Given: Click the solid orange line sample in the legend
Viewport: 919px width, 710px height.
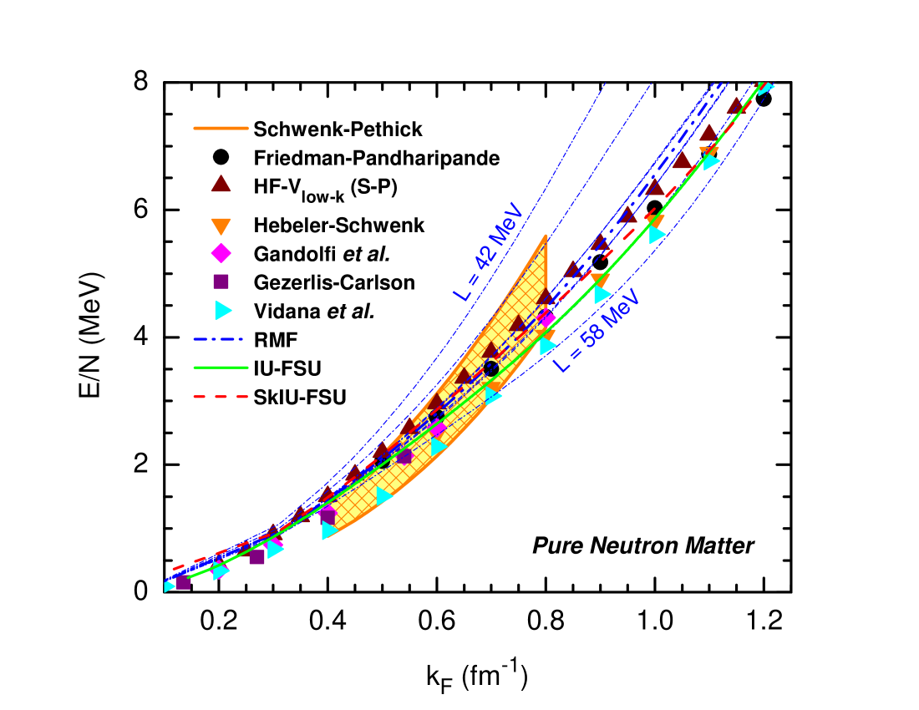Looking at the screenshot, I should pyautogui.click(x=221, y=128).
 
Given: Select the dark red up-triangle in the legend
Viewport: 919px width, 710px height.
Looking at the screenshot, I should pyautogui.click(x=221, y=184).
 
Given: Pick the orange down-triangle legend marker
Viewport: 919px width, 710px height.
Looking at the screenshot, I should pyautogui.click(x=221, y=226).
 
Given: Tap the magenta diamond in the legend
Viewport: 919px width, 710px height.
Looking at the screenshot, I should pyautogui.click(x=221, y=253).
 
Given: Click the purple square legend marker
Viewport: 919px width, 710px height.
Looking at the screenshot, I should pyautogui.click(x=221, y=281).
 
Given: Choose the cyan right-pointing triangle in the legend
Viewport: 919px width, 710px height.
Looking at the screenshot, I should pyautogui.click(x=222, y=310).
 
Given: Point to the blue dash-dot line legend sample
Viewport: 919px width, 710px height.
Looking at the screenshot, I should pyautogui.click(x=219, y=339).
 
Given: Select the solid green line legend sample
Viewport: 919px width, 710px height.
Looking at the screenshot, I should pyautogui.click(x=221, y=368).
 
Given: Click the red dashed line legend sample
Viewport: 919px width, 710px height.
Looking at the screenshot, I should pyautogui.click(x=221, y=397).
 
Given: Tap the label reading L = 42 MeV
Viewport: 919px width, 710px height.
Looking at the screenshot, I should pyautogui.click(x=488, y=252).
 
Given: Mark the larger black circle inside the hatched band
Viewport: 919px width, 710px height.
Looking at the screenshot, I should pyautogui.click(x=491, y=368).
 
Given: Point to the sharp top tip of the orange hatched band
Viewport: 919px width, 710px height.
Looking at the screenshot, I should pyautogui.click(x=546, y=236).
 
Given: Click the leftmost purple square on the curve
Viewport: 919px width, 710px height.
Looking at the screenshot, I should pyautogui.click(x=183, y=582).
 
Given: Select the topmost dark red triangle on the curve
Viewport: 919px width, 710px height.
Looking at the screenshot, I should pyautogui.click(x=735, y=106).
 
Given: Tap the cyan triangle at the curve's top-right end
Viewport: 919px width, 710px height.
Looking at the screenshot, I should pyautogui.click(x=765, y=86).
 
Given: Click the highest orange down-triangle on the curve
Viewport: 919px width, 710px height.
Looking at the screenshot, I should pyautogui.click(x=709, y=153).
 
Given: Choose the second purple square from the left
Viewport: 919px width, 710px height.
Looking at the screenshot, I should pyautogui.click(x=257, y=556).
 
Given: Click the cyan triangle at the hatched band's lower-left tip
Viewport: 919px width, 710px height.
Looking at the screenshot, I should pyautogui.click(x=329, y=530).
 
